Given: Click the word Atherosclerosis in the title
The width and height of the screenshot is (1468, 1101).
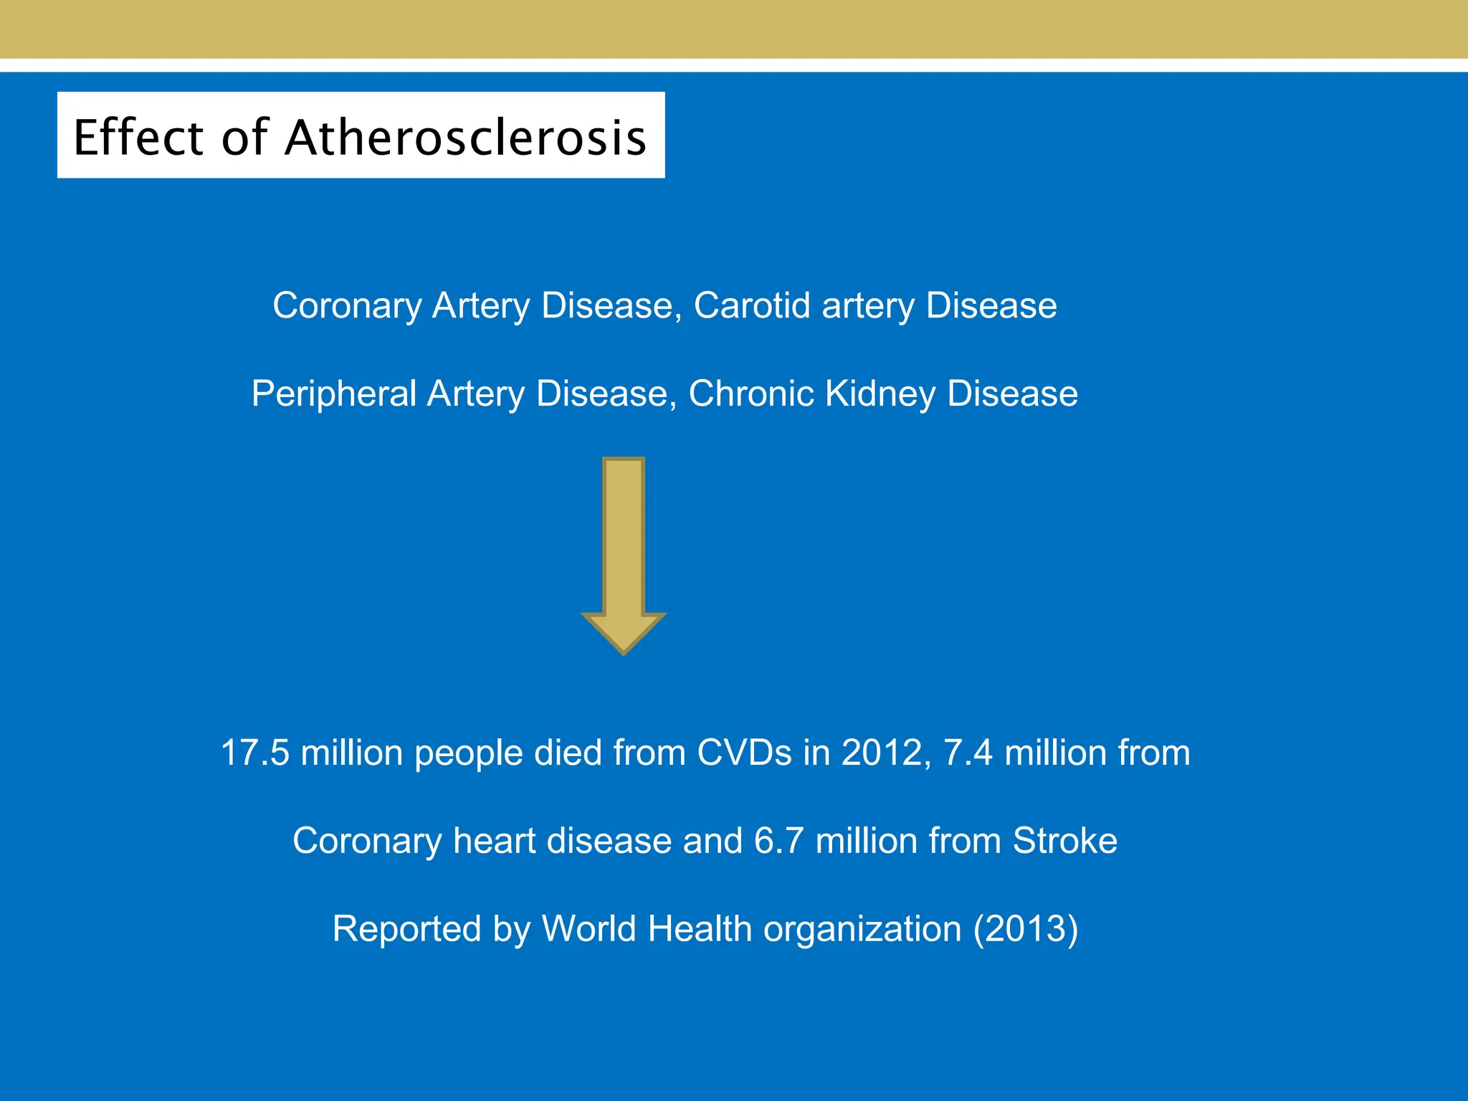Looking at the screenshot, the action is tap(466, 137).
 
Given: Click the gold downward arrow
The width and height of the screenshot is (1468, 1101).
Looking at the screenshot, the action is tap(624, 556).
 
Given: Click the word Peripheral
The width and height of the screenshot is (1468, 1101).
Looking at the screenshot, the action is tap(334, 395).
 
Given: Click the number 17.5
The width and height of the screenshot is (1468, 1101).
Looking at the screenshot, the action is tap(255, 753).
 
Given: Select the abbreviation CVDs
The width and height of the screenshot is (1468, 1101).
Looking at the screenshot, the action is tap(744, 753).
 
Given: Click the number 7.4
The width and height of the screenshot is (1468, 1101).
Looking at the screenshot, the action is tap(968, 753).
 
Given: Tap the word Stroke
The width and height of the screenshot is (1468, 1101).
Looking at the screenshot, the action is tap(1064, 841).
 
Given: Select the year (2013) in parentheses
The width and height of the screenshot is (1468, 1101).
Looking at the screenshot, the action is tap(1026, 930).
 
